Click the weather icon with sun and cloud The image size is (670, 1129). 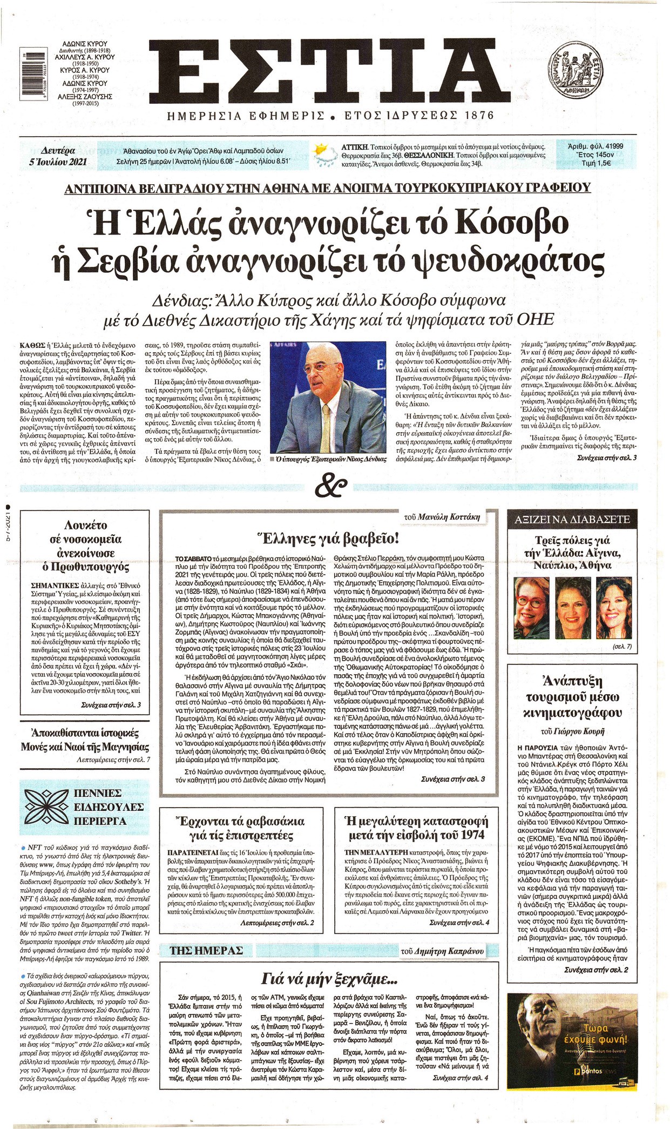coord(324,154)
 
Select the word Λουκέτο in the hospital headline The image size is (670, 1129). coord(85,525)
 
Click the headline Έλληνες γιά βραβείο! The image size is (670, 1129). coord(329,538)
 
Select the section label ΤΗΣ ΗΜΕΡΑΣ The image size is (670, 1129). coord(207,950)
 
